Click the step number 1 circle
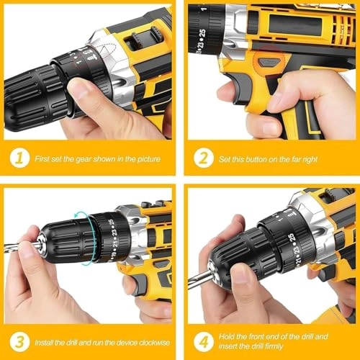pos(20,158)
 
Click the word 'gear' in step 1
pos(95,158)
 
